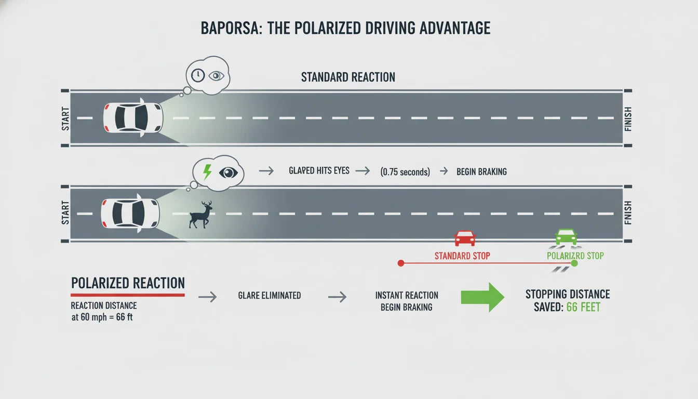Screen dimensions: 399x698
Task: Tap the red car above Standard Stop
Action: click(x=465, y=238)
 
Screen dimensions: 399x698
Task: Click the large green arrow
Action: click(x=482, y=297)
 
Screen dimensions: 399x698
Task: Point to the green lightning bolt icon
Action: click(x=207, y=171)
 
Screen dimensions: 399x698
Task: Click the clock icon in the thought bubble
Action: click(x=197, y=76)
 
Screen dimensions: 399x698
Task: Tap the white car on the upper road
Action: click(x=133, y=117)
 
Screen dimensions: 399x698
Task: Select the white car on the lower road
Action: click(x=130, y=213)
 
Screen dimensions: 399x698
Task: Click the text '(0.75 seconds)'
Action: click(x=405, y=172)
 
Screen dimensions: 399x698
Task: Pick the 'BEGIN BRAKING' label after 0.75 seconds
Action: click(x=481, y=172)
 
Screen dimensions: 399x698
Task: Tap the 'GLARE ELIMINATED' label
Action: click(x=270, y=295)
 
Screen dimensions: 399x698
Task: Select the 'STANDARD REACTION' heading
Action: click(x=348, y=77)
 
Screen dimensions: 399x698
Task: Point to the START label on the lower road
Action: click(x=65, y=213)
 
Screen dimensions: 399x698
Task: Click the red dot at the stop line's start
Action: click(x=400, y=263)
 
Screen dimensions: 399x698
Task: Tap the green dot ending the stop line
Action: click(x=574, y=263)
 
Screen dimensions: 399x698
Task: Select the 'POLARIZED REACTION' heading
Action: click(x=128, y=283)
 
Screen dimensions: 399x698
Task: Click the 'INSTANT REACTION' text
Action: click(x=407, y=295)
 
